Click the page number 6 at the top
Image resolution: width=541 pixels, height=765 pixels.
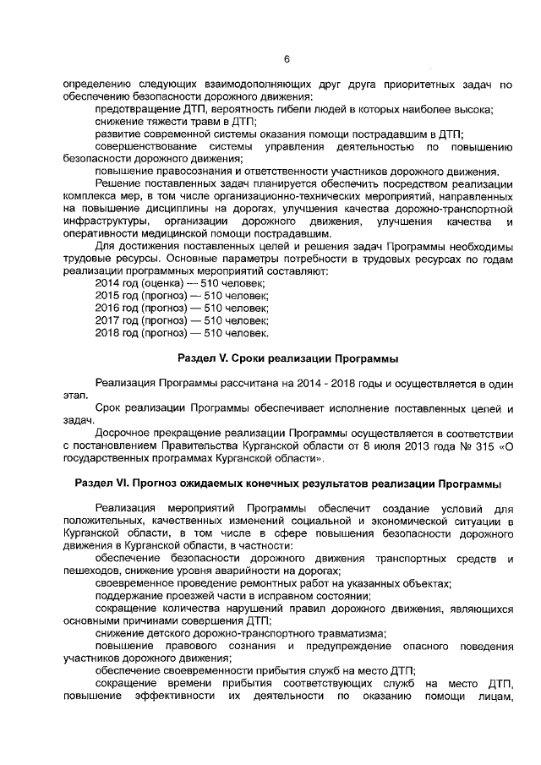[287, 59]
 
